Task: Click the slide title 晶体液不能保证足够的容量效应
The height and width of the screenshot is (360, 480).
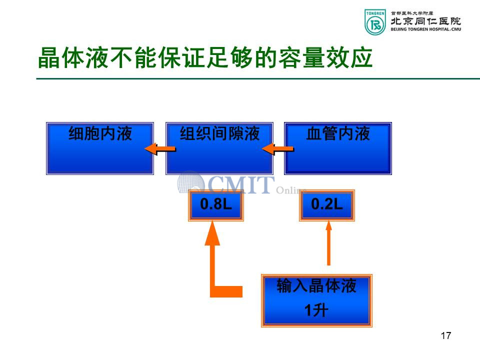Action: click(x=205, y=57)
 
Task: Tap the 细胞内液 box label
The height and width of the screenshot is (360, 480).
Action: click(x=100, y=133)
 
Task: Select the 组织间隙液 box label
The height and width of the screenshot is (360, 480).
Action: click(x=219, y=133)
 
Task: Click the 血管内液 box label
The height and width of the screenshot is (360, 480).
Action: click(x=338, y=133)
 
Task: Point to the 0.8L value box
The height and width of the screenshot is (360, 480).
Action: click(x=216, y=205)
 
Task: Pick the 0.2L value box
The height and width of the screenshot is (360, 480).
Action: click(x=327, y=205)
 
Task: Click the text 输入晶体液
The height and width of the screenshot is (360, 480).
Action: click(x=316, y=285)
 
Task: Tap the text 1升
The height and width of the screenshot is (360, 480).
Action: click(x=316, y=310)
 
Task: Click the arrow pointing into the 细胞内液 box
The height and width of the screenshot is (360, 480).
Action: click(x=160, y=149)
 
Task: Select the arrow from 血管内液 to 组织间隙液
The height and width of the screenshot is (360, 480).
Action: click(x=278, y=149)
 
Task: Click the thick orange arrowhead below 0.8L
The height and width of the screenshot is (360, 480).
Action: click(x=212, y=233)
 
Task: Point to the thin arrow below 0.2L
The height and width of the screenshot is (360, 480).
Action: click(x=328, y=243)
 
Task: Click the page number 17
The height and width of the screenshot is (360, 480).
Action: click(x=446, y=335)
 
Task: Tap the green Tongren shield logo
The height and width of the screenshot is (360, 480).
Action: click(x=375, y=22)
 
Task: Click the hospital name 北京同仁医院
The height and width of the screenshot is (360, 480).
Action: click(x=425, y=21)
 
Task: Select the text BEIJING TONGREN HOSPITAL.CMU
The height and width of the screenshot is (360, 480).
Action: click(x=426, y=29)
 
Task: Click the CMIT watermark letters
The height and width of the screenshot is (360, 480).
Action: click(x=241, y=184)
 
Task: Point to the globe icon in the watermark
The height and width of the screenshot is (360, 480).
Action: click(x=190, y=183)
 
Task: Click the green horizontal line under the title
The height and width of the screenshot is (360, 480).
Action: click(x=258, y=78)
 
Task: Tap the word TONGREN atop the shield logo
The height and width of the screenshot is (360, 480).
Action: click(x=375, y=13)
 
